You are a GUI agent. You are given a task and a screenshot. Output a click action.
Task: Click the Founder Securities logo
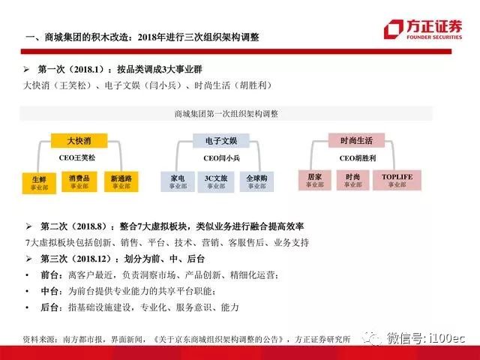423,29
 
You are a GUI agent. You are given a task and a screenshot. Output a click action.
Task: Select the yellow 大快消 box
79,141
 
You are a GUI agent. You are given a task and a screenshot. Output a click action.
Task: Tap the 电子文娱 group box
221,141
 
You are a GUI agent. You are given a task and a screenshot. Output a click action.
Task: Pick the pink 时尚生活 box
356,140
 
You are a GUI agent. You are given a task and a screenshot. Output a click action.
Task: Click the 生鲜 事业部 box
39,183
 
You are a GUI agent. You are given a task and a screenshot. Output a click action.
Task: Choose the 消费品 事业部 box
79,181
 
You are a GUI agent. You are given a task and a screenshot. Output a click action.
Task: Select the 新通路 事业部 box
121,181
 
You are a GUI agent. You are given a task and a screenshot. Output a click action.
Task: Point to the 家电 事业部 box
178,181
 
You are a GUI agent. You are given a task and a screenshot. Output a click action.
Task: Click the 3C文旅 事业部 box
216,182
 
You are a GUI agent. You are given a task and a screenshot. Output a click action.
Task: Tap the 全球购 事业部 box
256,181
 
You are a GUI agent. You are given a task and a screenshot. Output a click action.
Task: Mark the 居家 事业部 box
315,180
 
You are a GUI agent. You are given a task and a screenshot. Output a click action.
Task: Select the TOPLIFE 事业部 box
397,180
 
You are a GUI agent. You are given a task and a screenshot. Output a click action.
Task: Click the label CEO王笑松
77,158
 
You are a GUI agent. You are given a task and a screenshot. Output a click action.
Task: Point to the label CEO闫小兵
222,158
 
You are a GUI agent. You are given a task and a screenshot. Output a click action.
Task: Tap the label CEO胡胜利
358,158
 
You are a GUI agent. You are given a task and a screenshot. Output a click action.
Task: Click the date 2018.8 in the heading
89,226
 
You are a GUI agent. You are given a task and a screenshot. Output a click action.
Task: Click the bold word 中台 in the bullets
49,291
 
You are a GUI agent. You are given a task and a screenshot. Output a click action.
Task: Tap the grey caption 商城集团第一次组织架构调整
226,114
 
